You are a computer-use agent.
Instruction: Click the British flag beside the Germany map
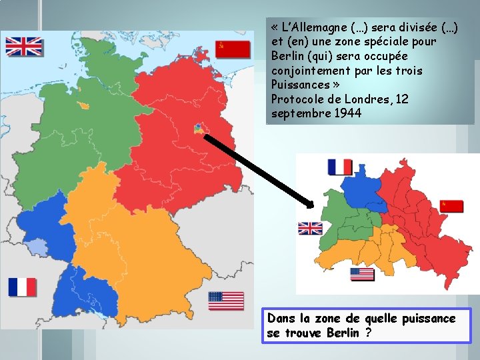pyautogui.click(x=24, y=46)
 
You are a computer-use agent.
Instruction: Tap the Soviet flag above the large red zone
pyautogui.click(x=233, y=49)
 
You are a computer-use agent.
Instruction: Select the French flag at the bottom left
pyautogui.click(x=22, y=287)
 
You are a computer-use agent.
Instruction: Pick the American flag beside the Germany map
pyautogui.click(x=226, y=301)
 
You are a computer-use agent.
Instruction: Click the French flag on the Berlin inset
pyautogui.click(x=340, y=167)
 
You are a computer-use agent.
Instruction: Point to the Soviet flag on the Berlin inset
pyautogui.click(x=452, y=206)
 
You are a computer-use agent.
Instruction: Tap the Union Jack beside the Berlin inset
pyautogui.click(x=310, y=229)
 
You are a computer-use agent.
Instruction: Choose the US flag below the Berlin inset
pyautogui.click(x=362, y=274)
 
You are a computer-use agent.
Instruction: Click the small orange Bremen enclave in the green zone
pyautogui.click(x=84, y=105)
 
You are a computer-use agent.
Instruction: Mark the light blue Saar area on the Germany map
pyautogui.click(x=38, y=249)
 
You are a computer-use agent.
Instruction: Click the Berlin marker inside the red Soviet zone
pyautogui.click(x=198, y=128)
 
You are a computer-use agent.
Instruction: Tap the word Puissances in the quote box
pyautogui.click(x=300, y=85)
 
